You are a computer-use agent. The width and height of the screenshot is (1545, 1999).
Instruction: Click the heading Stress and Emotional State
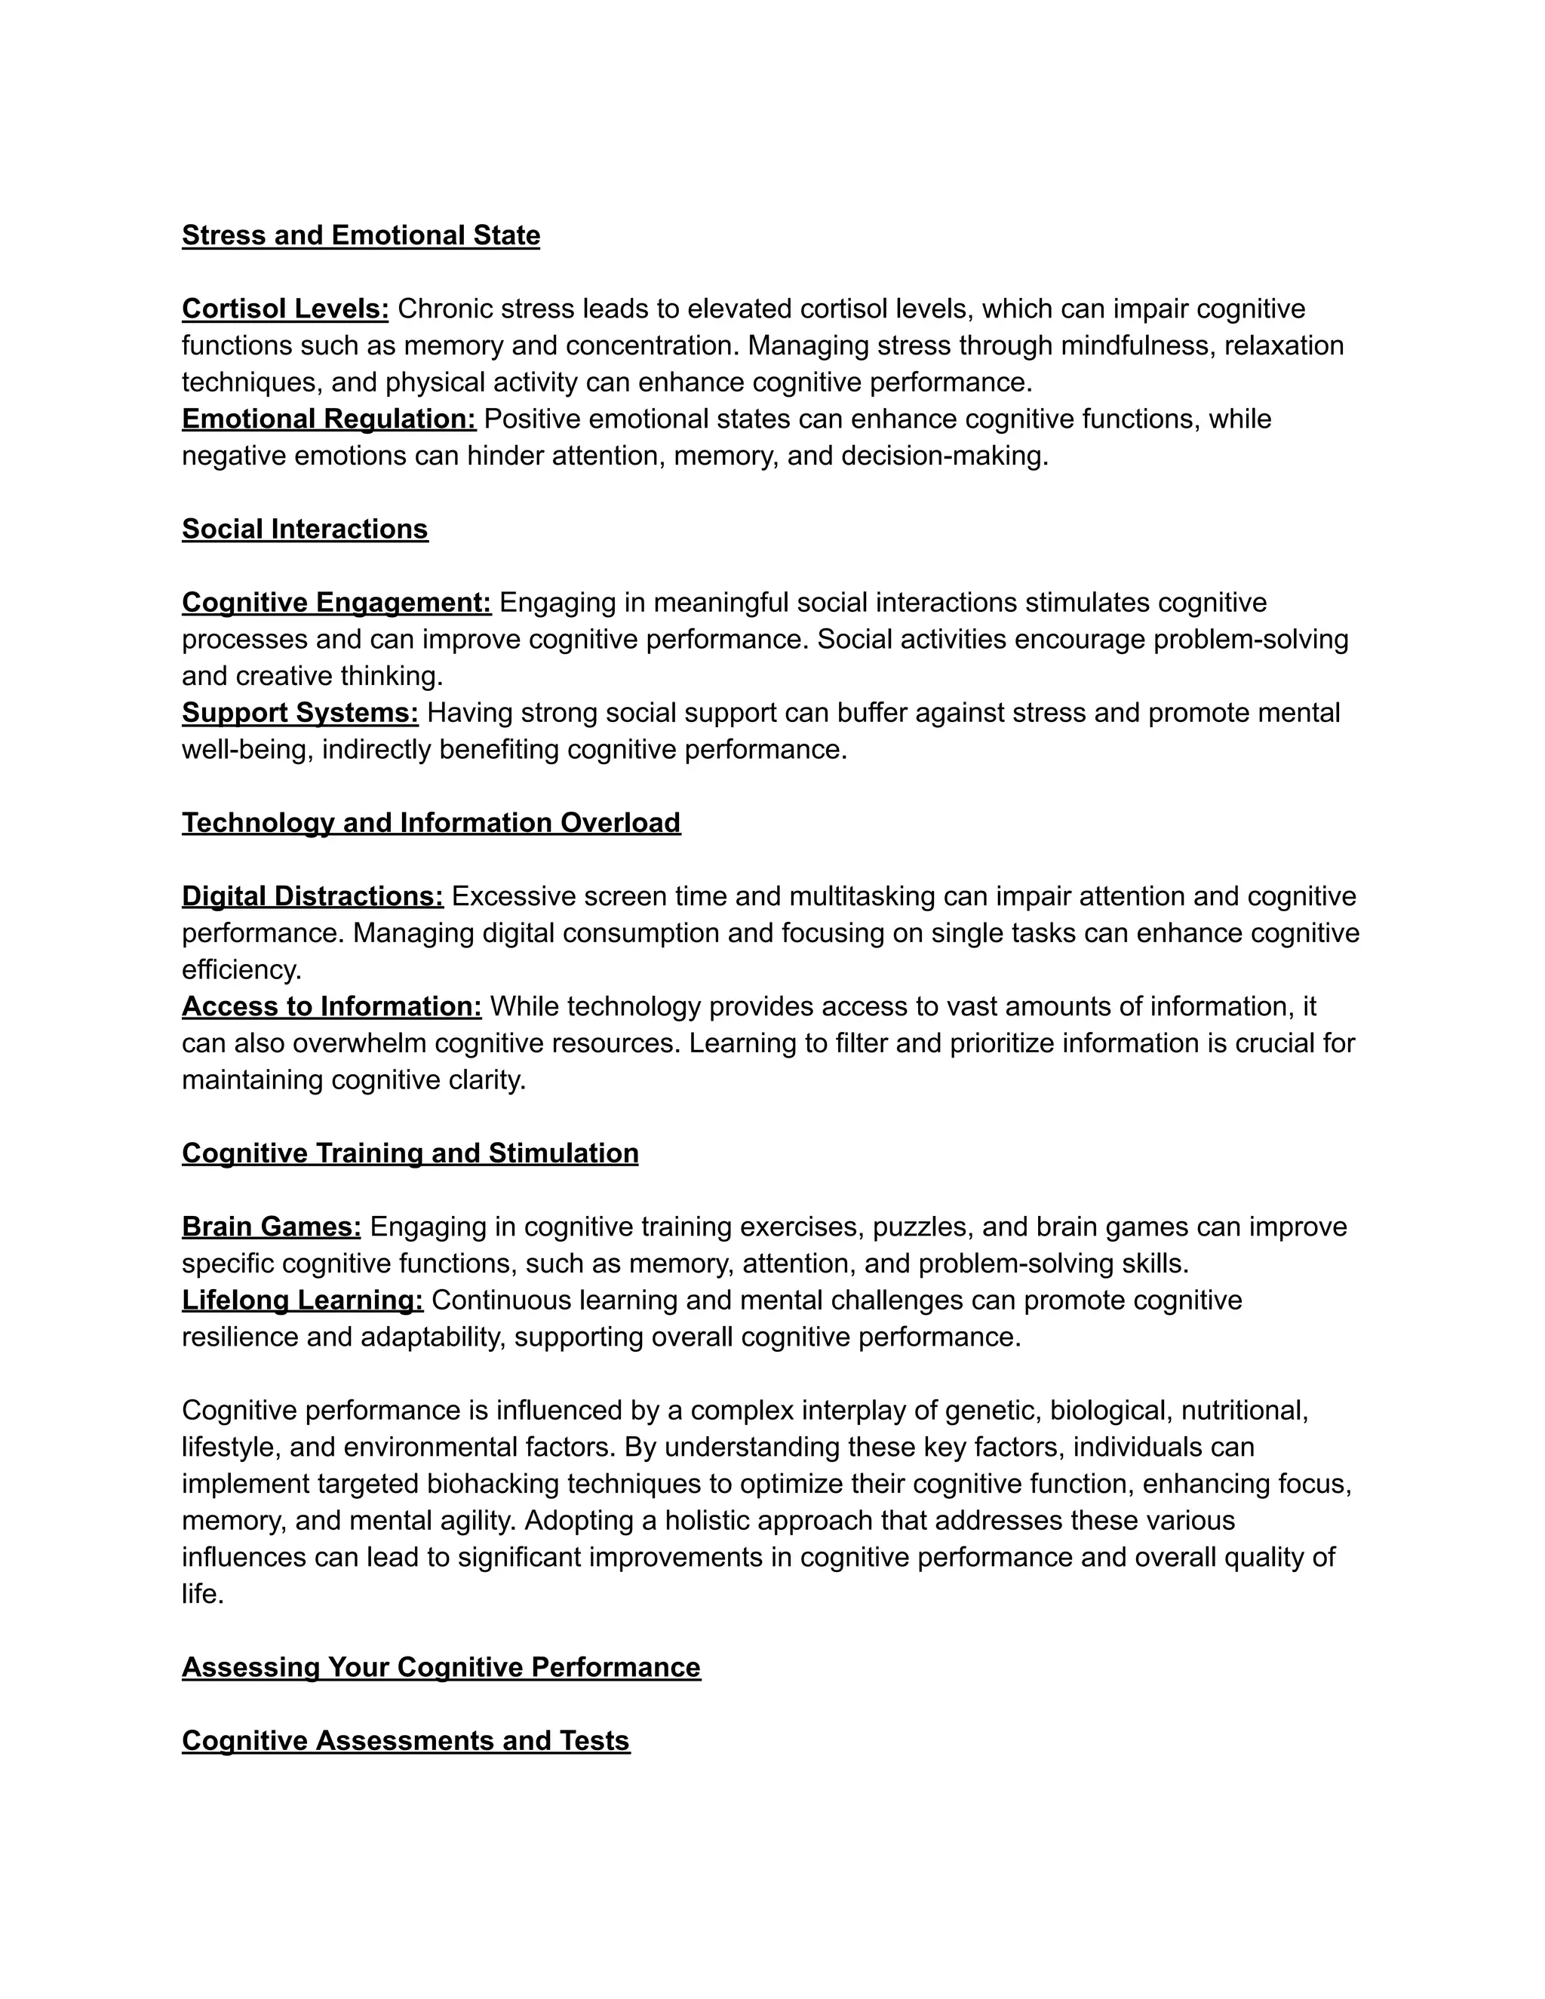361,235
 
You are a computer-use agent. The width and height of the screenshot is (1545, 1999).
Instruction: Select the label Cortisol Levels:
284,309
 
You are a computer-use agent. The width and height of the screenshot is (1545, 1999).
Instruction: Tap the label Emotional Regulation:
329,419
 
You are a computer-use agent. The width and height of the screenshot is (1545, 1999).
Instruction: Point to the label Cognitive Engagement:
336,603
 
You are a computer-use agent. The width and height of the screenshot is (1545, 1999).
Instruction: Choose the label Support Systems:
300,713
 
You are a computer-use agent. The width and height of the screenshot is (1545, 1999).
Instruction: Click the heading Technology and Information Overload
431,823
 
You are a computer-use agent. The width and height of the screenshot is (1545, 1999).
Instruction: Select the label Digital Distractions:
312,897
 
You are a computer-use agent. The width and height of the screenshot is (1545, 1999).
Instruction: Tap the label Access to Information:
331,1007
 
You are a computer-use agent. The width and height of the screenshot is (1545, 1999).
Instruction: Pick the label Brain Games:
272,1227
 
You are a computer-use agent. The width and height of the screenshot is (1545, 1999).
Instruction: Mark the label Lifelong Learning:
302,1300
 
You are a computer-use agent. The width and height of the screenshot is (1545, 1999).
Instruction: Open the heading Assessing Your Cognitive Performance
441,1668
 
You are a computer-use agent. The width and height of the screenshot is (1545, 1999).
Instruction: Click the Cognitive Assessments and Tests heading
405,1741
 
